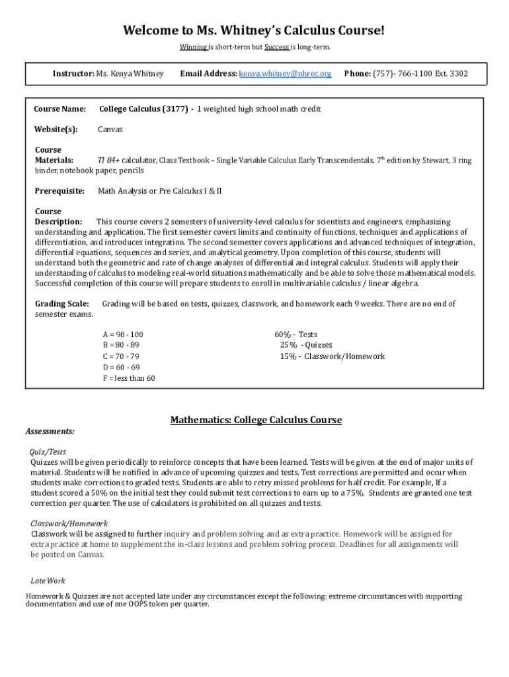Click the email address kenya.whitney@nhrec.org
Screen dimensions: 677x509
click(x=285, y=73)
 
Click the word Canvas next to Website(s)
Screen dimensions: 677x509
click(x=110, y=130)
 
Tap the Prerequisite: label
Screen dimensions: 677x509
click(x=59, y=191)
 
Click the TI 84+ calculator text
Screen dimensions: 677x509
click(x=108, y=161)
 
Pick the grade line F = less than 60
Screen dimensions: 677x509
click(x=128, y=378)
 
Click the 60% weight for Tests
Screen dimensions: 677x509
click(x=284, y=335)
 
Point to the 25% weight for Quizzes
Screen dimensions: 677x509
click(x=288, y=345)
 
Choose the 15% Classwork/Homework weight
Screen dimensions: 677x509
click(x=288, y=356)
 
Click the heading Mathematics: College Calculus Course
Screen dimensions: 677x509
click(x=256, y=420)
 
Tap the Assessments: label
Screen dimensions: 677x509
click(x=50, y=431)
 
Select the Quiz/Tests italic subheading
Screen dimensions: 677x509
click(x=48, y=452)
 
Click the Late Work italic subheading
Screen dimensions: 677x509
click(x=48, y=580)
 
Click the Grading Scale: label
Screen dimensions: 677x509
click(x=61, y=304)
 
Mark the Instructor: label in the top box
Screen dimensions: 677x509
click(x=73, y=73)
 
